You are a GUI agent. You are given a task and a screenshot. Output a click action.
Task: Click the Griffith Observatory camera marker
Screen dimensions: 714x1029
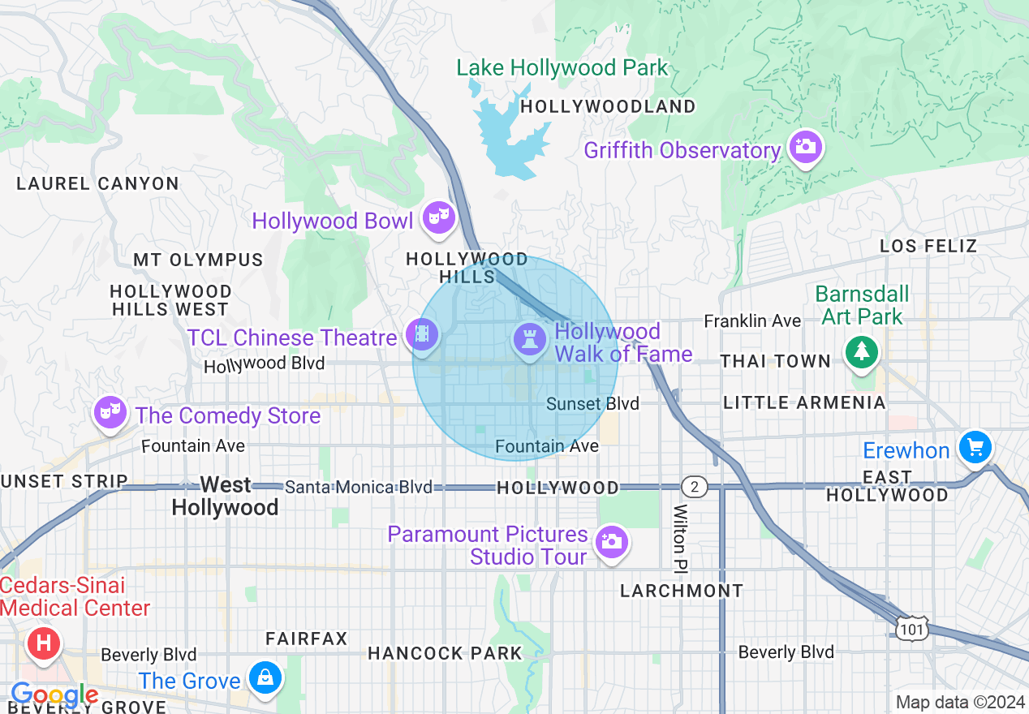804,147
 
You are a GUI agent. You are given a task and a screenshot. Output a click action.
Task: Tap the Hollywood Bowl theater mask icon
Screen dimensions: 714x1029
438,217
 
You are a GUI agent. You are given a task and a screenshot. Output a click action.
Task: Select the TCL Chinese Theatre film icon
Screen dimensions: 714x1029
421,334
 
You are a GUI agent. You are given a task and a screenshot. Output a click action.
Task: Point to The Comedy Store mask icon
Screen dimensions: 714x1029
108,412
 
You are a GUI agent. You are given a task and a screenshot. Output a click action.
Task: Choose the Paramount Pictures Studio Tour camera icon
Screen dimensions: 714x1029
610,541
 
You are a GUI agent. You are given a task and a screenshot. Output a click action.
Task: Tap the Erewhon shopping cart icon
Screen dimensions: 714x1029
975,447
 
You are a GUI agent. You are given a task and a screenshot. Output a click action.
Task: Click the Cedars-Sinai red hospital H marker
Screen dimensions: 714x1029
44,643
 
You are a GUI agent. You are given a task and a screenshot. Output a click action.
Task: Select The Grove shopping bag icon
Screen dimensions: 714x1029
264,677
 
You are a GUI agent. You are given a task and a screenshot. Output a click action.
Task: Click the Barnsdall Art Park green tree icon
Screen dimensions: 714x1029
860,352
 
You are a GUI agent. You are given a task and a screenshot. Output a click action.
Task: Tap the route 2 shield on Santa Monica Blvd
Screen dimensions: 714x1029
694,487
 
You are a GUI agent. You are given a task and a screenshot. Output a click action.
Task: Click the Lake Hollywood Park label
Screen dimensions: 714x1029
562,68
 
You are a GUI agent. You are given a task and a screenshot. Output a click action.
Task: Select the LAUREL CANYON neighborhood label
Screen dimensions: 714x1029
97,183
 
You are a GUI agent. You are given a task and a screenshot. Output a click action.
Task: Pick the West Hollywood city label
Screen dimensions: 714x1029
225,496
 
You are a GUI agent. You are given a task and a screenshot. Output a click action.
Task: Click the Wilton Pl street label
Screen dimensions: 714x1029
679,536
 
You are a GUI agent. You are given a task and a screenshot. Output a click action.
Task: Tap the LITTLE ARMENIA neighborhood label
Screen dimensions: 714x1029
803,402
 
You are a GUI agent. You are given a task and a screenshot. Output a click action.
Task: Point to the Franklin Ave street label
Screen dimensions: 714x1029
751,321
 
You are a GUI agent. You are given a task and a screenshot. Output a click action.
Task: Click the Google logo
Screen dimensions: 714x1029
54,695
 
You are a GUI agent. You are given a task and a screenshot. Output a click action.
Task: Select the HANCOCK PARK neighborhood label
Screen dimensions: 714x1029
445,653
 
